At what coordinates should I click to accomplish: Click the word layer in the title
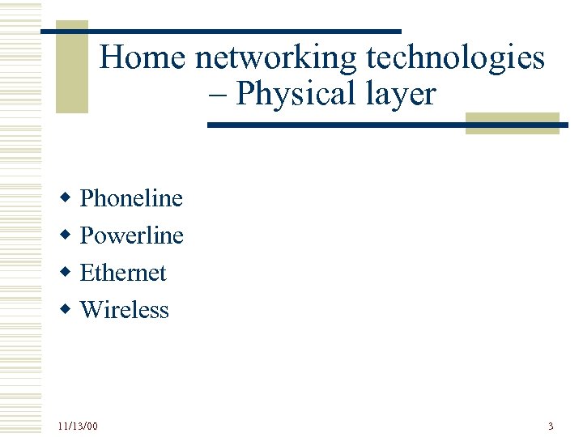(399, 95)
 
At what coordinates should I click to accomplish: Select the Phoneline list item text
(131, 198)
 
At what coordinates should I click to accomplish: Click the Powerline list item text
(132, 235)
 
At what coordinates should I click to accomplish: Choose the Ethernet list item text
(123, 273)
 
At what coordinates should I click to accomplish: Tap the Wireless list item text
(125, 310)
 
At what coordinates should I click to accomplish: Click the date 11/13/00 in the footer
(78, 426)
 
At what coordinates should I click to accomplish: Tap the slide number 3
(551, 426)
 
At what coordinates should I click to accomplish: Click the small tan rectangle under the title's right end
(513, 124)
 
